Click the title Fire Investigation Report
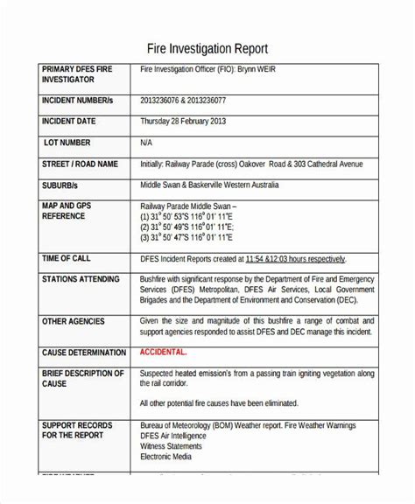click(x=207, y=47)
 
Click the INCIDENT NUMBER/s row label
click(x=78, y=101)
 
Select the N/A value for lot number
click(x=147, y=143)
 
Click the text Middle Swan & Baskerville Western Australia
click(x=210, y=185)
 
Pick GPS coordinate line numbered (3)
click(x=186, y=236)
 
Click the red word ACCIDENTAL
click(x=164, y=352)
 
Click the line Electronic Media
click(x=170, y=455)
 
